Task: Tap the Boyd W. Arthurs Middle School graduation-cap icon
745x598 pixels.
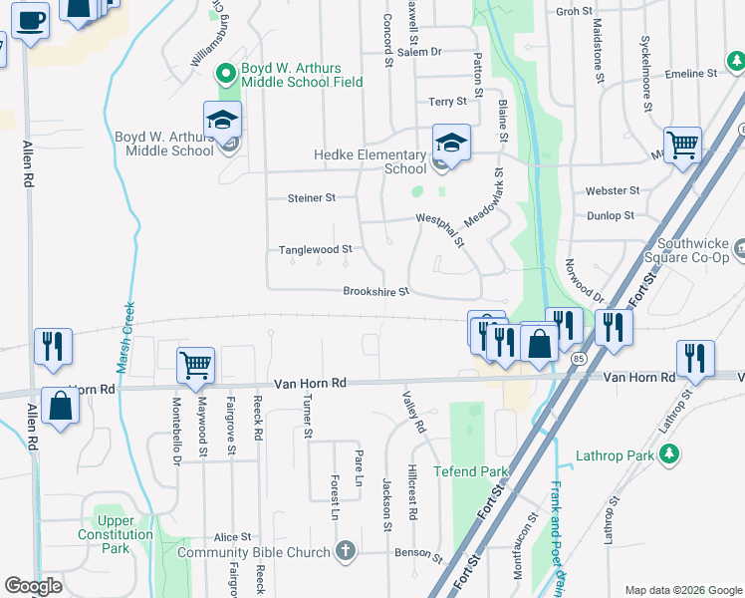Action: point(222,121)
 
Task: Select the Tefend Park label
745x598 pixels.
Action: point(470,471)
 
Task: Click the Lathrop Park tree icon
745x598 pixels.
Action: point(670,454)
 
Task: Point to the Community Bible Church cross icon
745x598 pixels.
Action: point(345,551)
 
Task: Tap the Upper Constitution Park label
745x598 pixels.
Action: point(116,534)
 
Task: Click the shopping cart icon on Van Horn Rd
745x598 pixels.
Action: point(195,365)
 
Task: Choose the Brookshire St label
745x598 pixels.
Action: point(375,292)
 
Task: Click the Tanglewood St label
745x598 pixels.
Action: point(315,249)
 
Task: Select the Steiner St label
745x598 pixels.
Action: point(311,198)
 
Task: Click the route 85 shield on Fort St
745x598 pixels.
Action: point(579,357)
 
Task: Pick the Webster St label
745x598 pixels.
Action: point(613,190)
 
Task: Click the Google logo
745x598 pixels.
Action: point(33,585)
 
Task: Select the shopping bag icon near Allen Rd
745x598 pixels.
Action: point(60,408)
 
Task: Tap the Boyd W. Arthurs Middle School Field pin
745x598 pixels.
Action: point(226,72)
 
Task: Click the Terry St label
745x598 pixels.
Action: point(447,102)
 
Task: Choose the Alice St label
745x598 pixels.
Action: point(232,537)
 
